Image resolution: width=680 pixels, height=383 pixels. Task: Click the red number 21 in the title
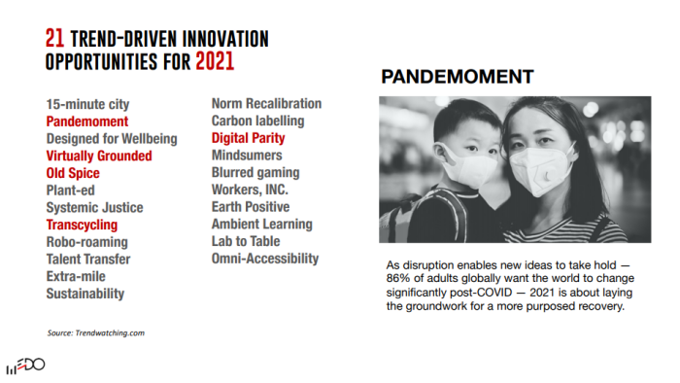[54, 38]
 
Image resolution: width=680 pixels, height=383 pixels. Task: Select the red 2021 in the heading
[215, 61]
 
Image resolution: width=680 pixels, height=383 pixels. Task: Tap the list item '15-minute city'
[87, 105]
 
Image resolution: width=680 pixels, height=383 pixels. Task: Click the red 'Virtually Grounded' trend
[99, 156]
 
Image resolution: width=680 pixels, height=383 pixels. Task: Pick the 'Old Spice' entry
[73, 173]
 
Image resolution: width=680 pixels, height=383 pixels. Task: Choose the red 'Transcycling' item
[82, 225]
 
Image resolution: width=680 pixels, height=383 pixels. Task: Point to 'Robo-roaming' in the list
[87, 242]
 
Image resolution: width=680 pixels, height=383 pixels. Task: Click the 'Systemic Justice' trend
[94, 207]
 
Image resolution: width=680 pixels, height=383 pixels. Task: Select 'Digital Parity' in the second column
[248, 138]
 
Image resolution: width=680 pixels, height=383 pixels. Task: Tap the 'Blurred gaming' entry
[255, 173]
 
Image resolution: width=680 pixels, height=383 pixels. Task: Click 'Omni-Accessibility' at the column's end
[265, 259]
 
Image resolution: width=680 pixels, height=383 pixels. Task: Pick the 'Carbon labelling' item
[257, 121]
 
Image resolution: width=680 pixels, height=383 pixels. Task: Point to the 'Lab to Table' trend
[246, 241]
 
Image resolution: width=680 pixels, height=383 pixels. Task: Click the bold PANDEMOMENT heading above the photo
[458, 77]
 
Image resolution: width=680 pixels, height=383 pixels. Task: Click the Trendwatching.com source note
[96, 333]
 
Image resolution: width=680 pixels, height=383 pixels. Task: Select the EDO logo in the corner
[25, 366]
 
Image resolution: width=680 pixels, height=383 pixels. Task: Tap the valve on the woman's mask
[547, 176]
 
